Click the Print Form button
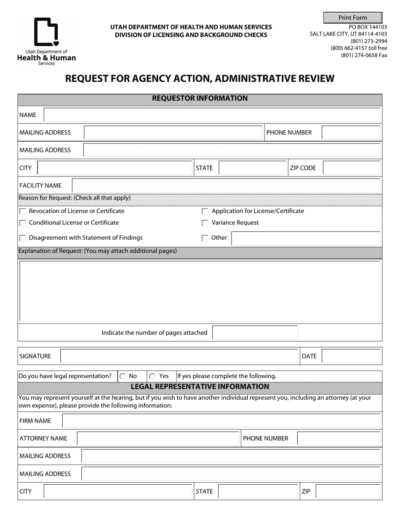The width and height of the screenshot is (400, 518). [353, 18]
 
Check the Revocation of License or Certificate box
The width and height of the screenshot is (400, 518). [23, 211]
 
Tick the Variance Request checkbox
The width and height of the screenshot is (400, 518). [205, 223]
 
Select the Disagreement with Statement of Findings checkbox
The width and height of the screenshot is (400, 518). [23, 238]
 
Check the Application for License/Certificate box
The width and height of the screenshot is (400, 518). [205, 211]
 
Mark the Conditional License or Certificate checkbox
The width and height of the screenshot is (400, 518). [23, 223]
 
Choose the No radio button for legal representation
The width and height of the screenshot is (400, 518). [123, 376]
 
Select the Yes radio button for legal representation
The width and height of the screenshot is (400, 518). [152, 376]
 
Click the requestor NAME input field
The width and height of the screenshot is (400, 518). [212, 115]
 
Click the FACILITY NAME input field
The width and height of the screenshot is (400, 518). [227, 185]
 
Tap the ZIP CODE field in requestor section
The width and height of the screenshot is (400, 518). [352, 168]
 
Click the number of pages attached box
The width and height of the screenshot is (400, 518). [255, 333]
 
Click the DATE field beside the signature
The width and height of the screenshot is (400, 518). [352, 356]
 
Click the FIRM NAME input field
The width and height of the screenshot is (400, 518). [221, 421]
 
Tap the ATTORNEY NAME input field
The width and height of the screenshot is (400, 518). [158, 438]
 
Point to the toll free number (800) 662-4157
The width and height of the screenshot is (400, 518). [358, 48]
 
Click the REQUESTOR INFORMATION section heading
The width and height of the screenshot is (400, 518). [200, 99]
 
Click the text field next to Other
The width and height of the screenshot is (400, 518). [306, 238]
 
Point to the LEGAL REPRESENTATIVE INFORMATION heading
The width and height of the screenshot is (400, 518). [200, 387]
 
